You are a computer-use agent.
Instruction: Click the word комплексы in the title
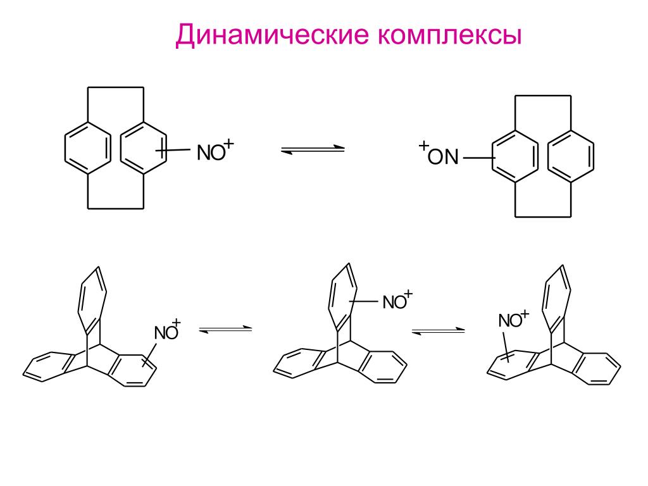coord(450,36)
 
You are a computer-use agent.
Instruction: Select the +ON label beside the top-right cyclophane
coord(438,155)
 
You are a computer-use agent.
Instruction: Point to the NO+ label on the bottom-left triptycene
coord(168,331)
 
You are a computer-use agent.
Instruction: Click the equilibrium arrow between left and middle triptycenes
coord(225,330)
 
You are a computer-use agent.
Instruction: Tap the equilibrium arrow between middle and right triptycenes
coord(438,331)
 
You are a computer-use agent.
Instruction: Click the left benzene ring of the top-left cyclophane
coord(88,147)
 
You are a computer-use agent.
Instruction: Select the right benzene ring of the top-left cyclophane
coord(143,147)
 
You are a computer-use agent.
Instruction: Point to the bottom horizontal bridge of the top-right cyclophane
coord(543,216)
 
